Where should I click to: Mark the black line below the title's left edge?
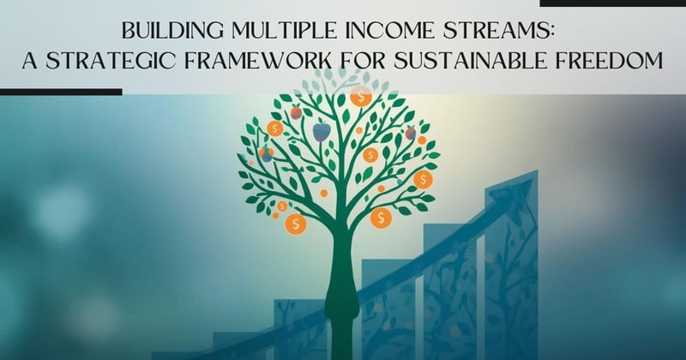click(60, 91)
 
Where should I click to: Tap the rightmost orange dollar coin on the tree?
click(422, 179)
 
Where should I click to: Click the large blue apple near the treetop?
click(321, 131)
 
